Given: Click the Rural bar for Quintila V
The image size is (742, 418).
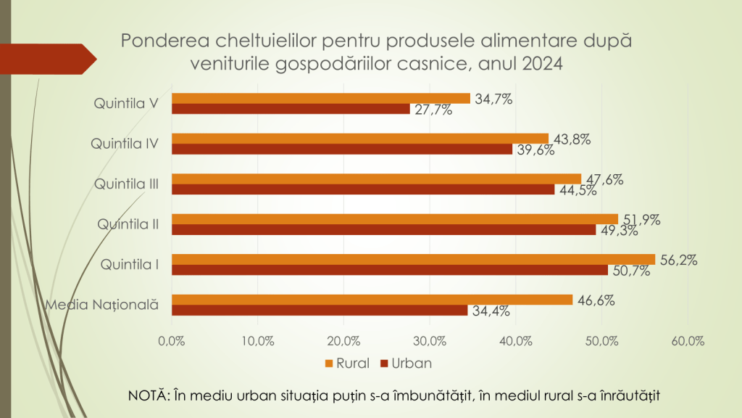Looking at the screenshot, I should click(x=321, y=98).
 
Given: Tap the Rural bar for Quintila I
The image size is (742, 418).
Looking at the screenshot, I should click(x=413, y=259).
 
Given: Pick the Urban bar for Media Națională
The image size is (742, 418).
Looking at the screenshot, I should click(x=320, y=310).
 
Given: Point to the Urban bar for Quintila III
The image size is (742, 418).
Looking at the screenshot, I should click(x=363, y=189).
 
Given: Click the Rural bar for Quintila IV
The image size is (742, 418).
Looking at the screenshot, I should click(x=360, y=139).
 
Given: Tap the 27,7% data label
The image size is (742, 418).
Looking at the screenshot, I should click(x=433, y=110).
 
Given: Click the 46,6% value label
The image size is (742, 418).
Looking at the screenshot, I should click(x=593, y=299).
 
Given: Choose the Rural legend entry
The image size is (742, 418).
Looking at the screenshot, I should click(x=348, y=363).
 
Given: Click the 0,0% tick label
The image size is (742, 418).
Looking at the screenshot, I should click(x=172, y=340).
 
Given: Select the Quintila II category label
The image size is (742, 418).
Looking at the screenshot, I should click(x=128, y=224).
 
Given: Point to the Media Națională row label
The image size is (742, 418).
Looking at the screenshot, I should click(x=102, y=305).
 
